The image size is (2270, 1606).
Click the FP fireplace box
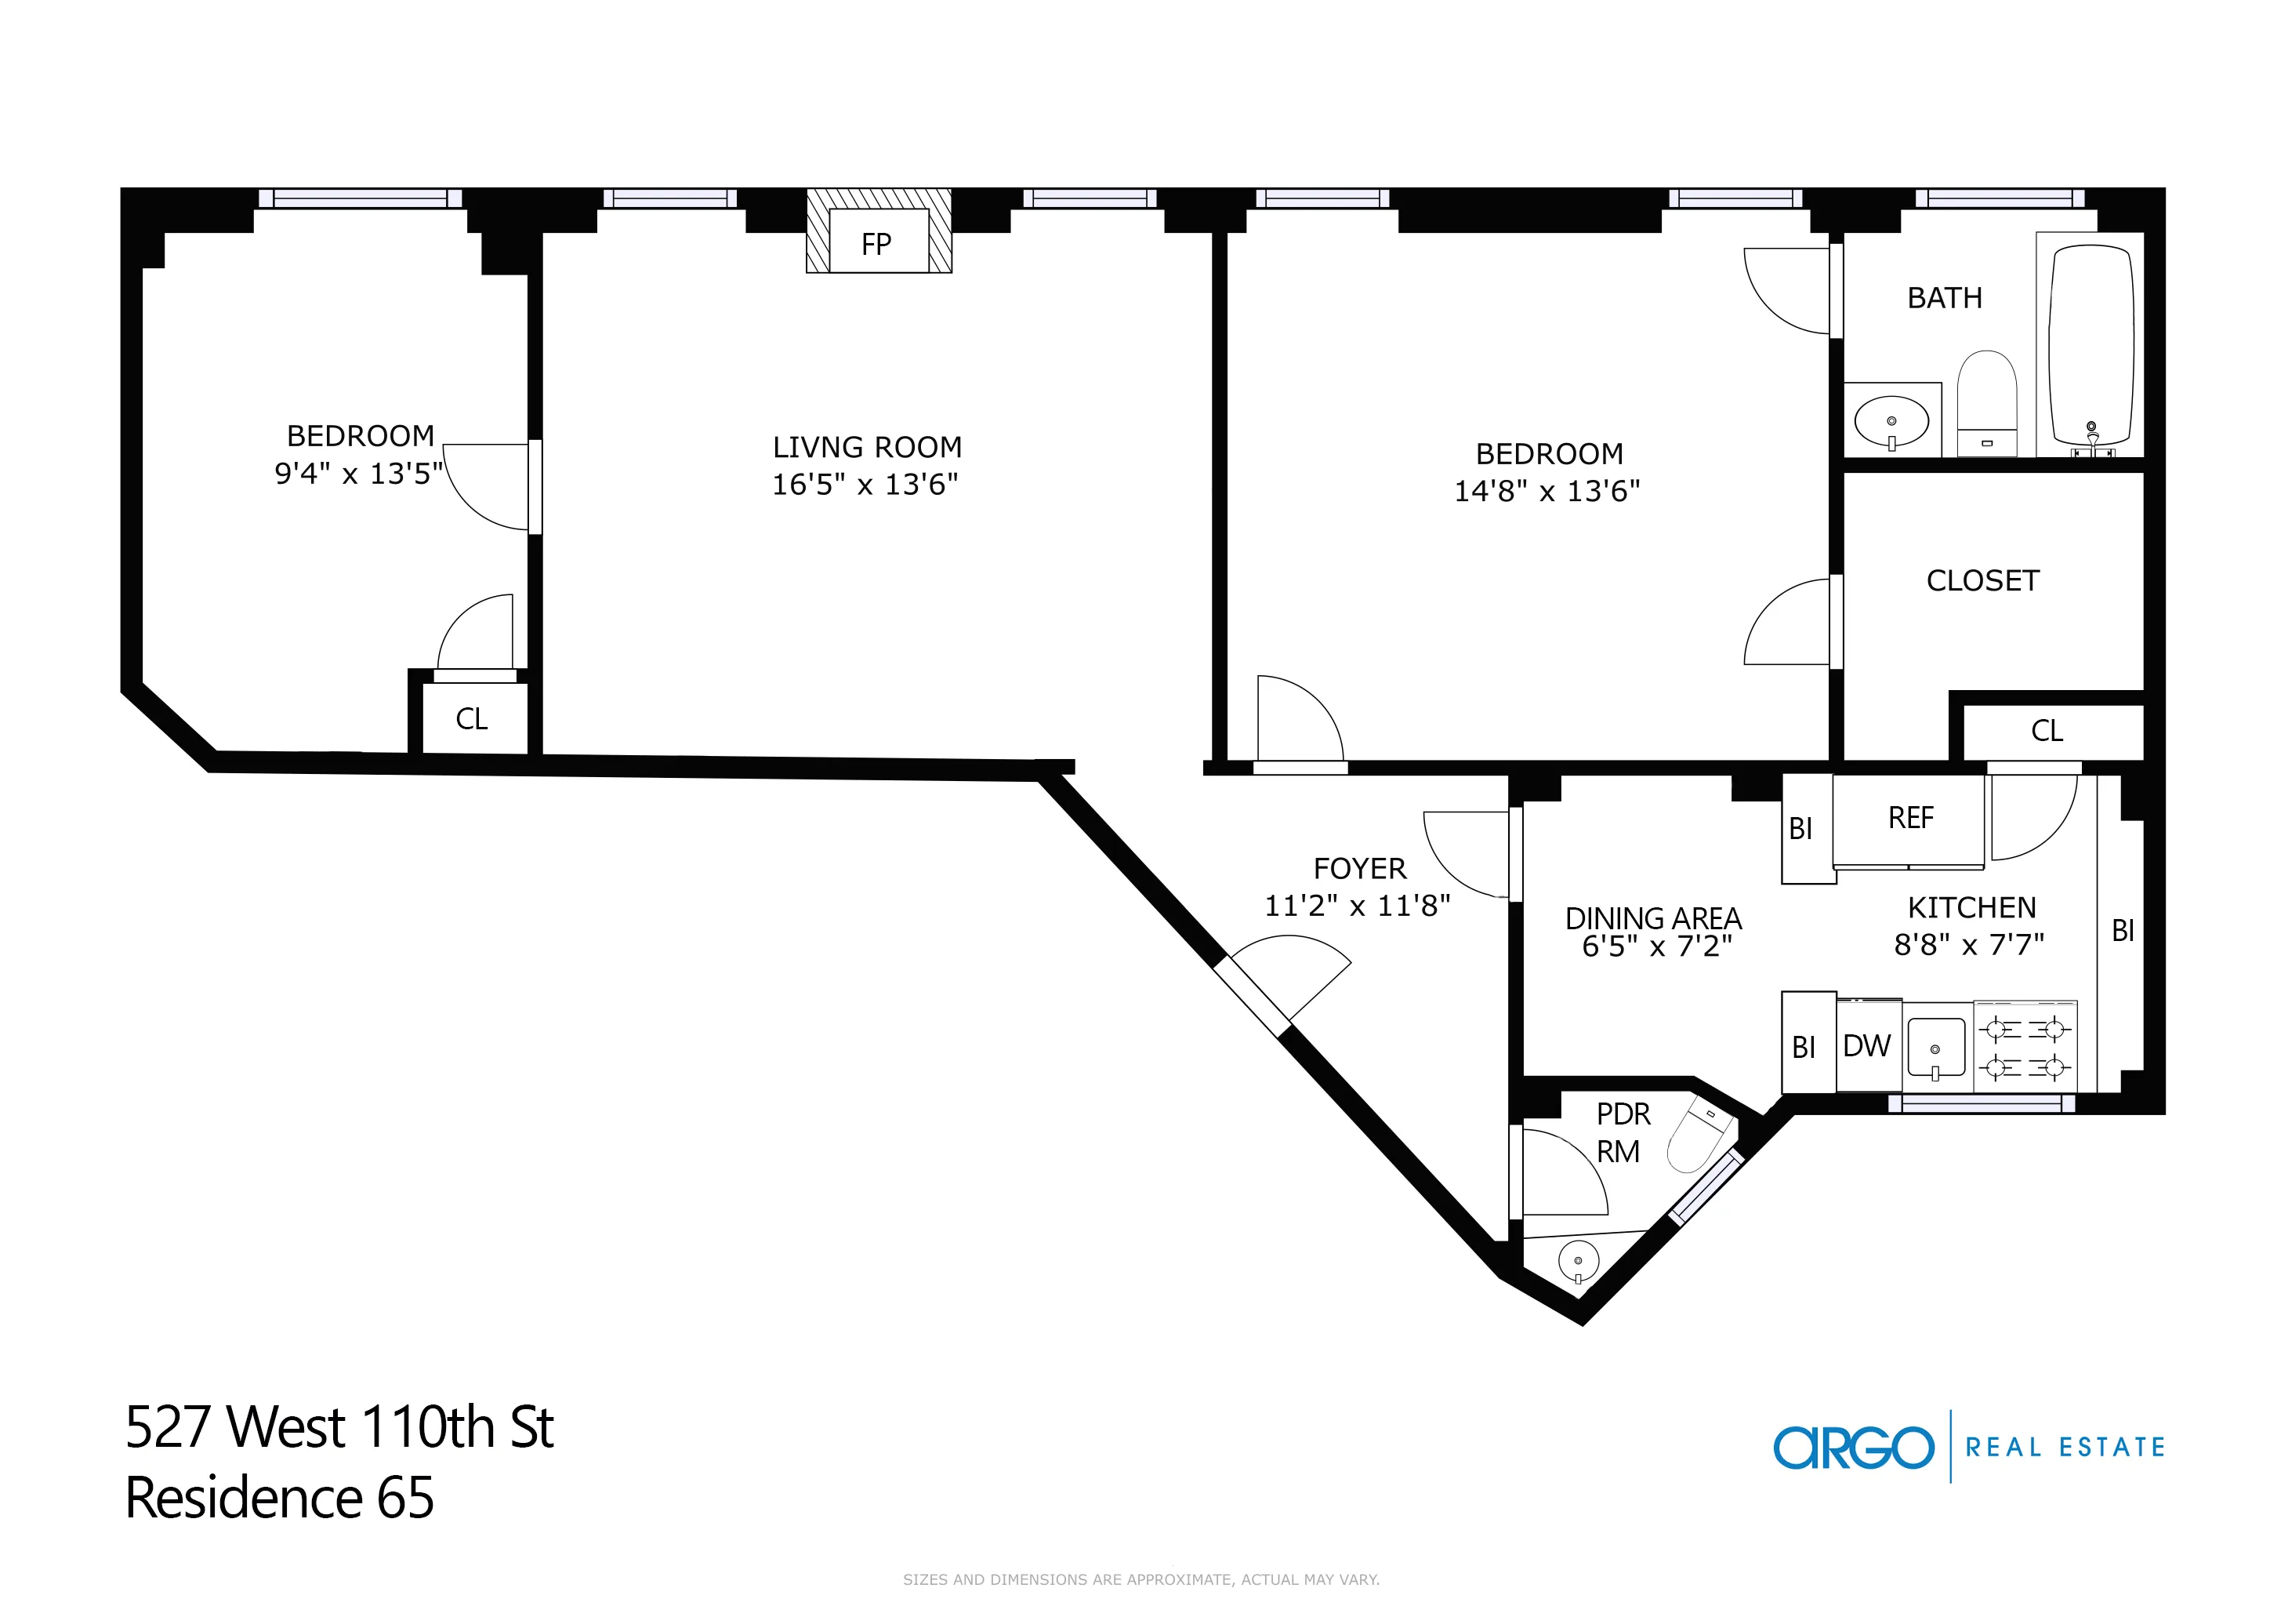[877, 242]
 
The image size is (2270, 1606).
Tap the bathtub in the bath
[2091, 346]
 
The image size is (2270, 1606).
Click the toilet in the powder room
[1699, 1137]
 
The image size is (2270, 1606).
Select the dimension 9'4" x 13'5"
[358, 474]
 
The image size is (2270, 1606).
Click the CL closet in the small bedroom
[472, 719]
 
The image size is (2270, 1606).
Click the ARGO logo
[1853, 1448]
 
